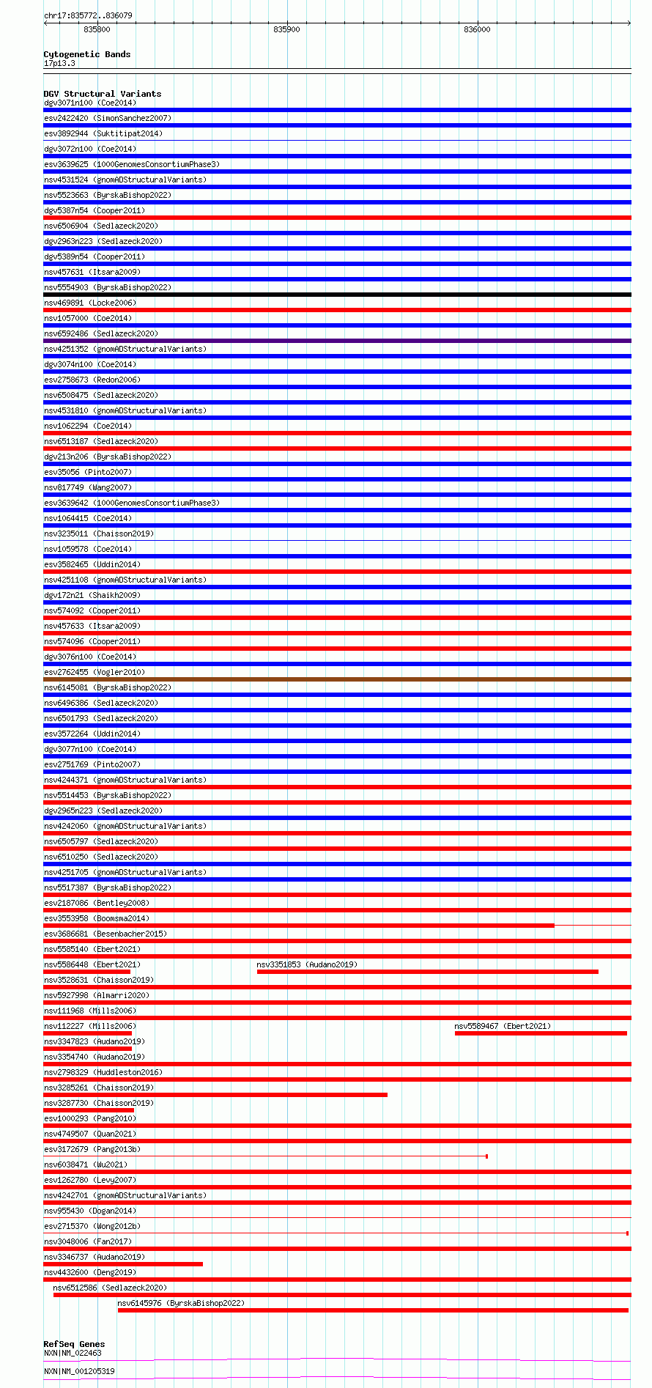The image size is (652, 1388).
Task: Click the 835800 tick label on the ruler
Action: point(97,29)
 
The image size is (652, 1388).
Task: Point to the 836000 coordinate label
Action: point(477,29)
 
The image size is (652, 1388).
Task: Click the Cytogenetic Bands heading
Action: point(86,54)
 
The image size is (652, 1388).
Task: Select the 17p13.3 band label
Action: point(59,63)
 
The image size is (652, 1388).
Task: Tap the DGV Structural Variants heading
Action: point(102,94)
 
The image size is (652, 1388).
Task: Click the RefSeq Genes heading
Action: point(74,1344)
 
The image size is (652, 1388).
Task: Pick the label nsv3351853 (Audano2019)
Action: point(307,964)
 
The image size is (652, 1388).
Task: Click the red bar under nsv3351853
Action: point(427,972)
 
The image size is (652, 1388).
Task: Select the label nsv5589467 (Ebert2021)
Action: point(503,1026)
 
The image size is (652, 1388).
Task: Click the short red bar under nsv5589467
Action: point(541,1033)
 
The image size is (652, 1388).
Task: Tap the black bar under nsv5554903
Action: point(337,295)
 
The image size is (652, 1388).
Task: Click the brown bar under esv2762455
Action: point(337,679)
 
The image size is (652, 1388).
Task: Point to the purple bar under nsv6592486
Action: point(337,341)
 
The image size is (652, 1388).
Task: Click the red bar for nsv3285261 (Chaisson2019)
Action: point(215,1095)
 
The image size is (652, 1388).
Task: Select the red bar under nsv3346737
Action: point(123,1264)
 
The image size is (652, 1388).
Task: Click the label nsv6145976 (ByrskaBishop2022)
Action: point(181,1303)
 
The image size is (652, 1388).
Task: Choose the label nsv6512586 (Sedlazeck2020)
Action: point(110,1288)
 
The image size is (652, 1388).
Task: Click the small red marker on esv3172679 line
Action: point(486,1156)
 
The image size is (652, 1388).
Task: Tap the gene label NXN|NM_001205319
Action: point(79,1371)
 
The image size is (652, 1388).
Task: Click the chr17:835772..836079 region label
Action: point(88,15)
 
